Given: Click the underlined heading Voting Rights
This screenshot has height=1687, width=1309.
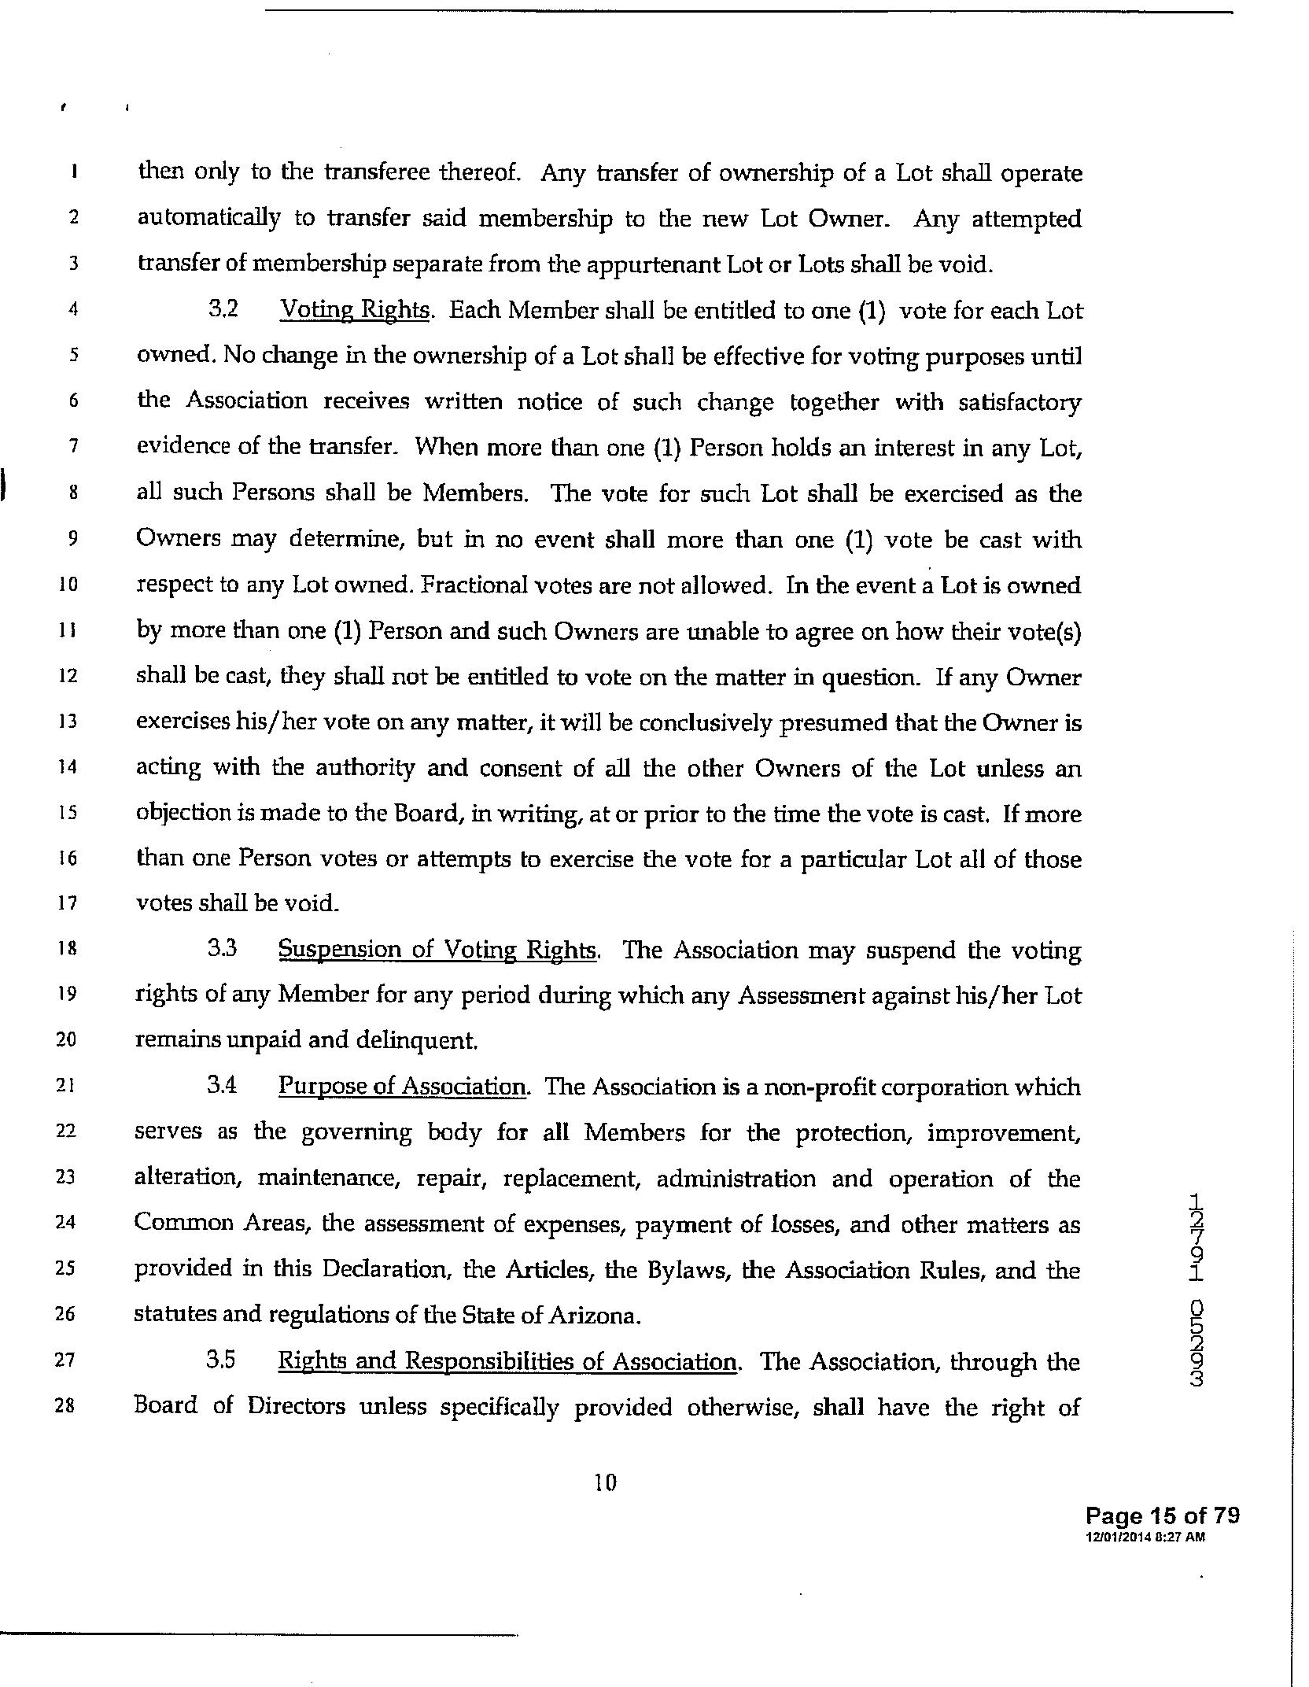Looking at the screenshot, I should coord(356,311).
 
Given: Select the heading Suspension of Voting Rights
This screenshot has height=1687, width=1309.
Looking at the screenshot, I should coord(439,950).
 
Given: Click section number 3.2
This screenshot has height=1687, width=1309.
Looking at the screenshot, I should coord(223,310).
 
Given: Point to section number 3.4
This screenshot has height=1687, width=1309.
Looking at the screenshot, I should coord(223,1087).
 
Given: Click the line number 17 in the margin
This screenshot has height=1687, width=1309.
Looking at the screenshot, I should coord(68,903).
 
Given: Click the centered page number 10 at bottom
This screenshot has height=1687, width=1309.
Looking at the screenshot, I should coord(606,1483).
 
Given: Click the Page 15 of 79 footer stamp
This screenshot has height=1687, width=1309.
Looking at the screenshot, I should coord(1162,1515).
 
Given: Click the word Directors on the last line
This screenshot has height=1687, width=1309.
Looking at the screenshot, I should coord(296,1407).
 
